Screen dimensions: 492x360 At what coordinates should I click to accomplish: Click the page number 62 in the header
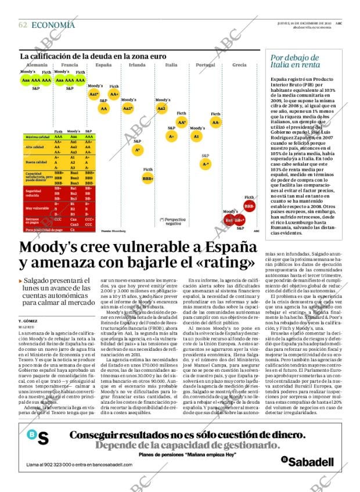[x=23, y=25]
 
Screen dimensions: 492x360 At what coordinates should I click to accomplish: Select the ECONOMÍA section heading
[x=53, y=25]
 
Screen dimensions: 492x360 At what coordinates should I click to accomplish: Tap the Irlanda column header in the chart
[x=137, y=65]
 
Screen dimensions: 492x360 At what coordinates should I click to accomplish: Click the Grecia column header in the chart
[x=239, y=65]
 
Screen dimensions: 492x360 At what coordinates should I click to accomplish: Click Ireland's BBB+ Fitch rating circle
[x=148, y=178]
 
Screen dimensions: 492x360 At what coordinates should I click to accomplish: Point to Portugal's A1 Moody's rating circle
[x=196, y=137]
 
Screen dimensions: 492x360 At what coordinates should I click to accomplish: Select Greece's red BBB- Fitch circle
[x=250, y=206]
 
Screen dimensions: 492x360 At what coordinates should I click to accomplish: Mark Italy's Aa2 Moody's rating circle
[x=161, y=109]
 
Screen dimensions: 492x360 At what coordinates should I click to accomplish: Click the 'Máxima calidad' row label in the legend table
[x=37, y=137]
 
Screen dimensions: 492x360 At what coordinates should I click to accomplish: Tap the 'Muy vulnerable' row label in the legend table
[x=37, y=208]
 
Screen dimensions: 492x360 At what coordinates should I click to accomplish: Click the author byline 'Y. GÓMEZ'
[x=28, y=321]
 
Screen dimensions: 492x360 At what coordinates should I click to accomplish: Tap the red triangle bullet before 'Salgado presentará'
[x=21, y=281]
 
